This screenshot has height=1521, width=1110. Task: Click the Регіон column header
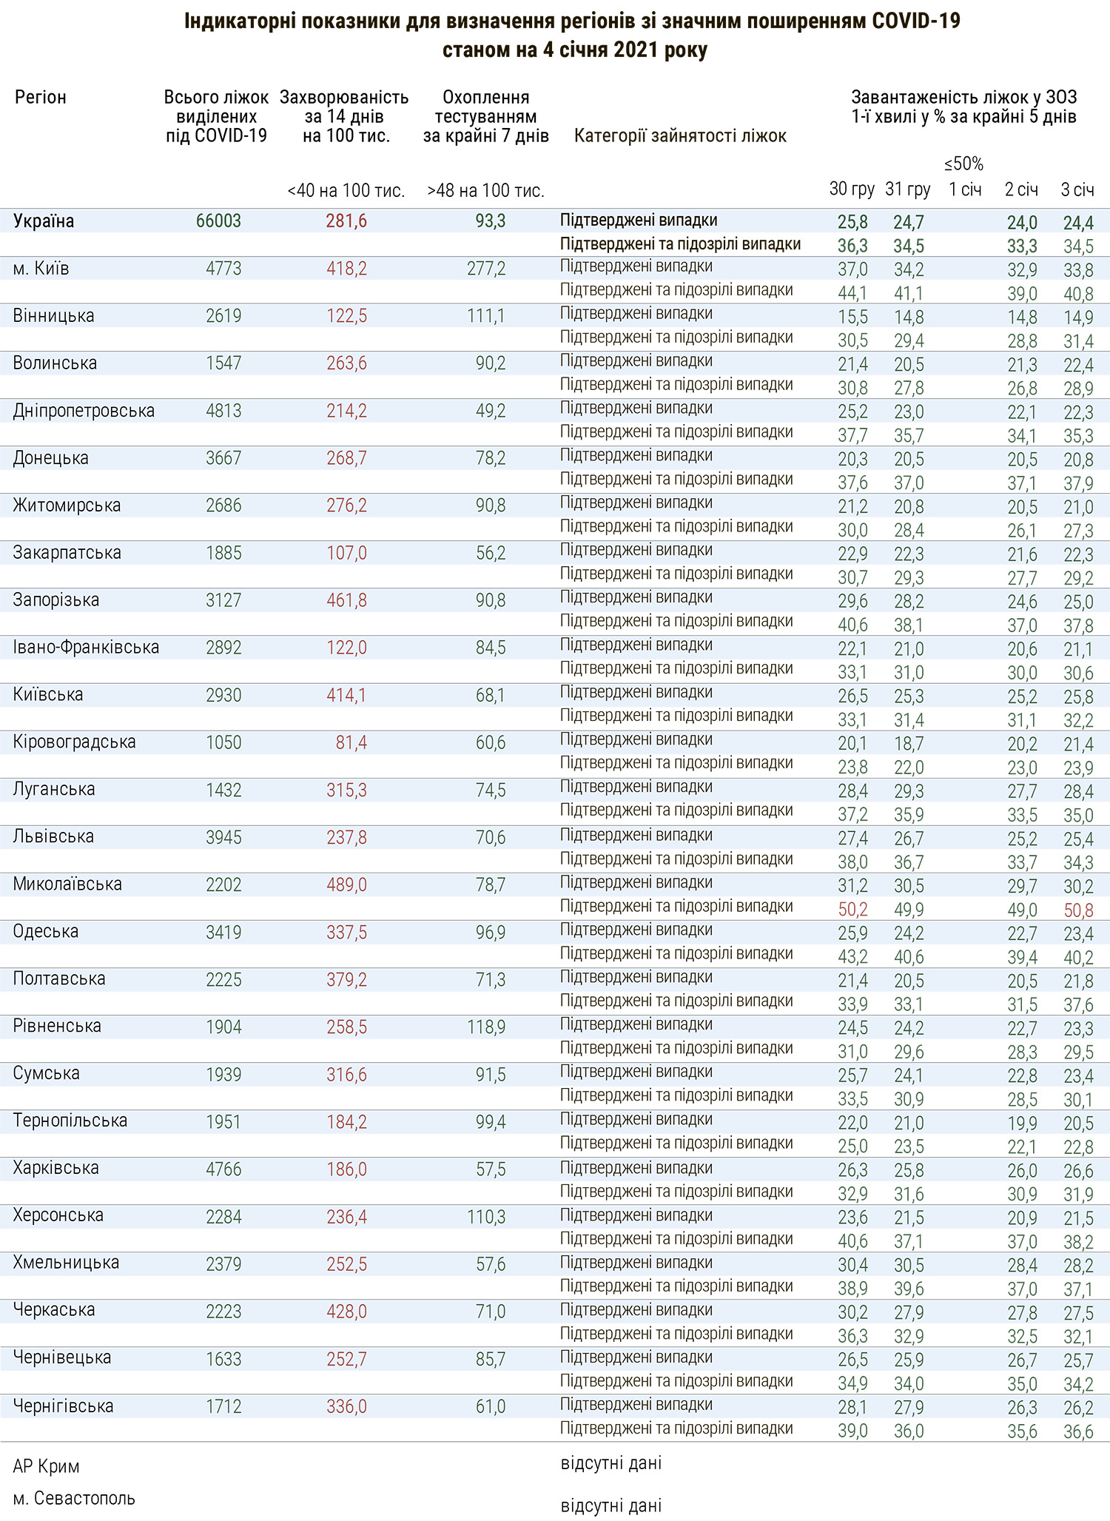[x=40, y=98]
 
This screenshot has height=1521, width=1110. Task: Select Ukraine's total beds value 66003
[x=219, y=221]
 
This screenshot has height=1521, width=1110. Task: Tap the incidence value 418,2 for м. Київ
[x=346, y=269]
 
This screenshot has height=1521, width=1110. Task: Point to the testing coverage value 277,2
[x=486, y=269]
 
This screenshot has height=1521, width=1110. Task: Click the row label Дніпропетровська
[x=84, y=411]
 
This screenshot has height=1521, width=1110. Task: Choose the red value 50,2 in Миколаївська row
[x=852, y=909]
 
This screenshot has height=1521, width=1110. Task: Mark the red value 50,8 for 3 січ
[x=1078, y=909]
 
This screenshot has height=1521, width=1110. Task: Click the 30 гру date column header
[x=852, y=189]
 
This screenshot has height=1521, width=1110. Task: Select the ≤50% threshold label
[x=964, y=164]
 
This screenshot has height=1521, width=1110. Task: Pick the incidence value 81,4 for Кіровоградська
[x=351, y=742]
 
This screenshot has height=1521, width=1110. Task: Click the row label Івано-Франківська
[x=86, y=648]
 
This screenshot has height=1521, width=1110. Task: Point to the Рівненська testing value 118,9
[x=486, y=1027]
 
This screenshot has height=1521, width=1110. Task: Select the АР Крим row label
[x=46, y=1466]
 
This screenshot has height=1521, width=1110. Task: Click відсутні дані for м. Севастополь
[x=610, y=1505]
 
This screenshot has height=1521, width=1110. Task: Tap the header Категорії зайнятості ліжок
[x=680, y=136]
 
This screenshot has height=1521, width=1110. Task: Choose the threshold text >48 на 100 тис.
[x=485, y=191]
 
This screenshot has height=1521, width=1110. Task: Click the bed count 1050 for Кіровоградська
[x=223, y=742]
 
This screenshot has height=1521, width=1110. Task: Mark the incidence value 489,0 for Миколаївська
[x=346, y=884]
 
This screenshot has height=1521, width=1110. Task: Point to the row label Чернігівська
[x=63, y=1406]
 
